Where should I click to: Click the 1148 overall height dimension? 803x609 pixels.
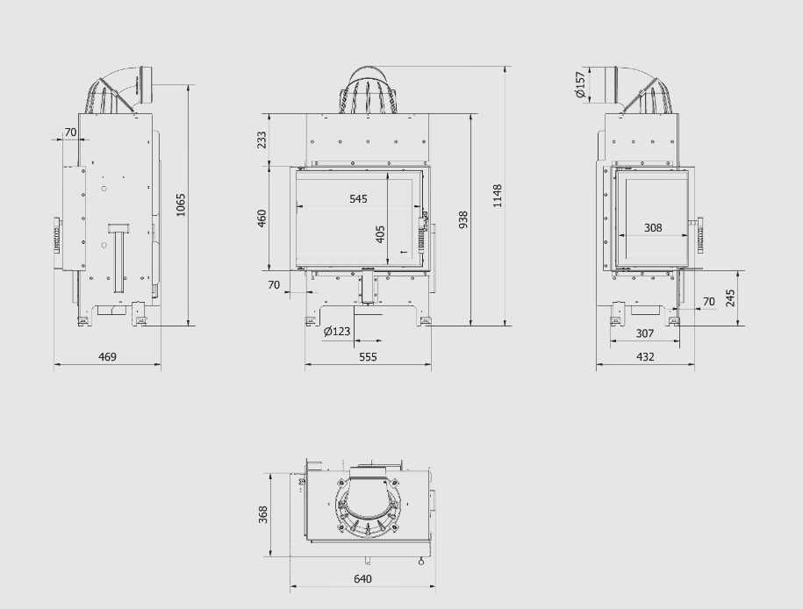pos(497,196)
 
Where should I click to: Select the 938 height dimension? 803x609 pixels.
pos(463,219)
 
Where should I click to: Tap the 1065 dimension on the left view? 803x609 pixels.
pos(181,204)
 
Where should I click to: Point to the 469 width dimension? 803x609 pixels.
pos(107,356)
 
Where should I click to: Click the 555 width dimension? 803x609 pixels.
pos(368,356)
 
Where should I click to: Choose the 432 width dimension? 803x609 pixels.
pos(645,356)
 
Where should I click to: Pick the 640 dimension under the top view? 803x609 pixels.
pos(362,579)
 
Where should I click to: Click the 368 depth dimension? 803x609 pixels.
pos(263,514)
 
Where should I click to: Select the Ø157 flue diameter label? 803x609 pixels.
pos(580,84)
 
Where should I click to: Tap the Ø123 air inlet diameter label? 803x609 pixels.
pos(338,332)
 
